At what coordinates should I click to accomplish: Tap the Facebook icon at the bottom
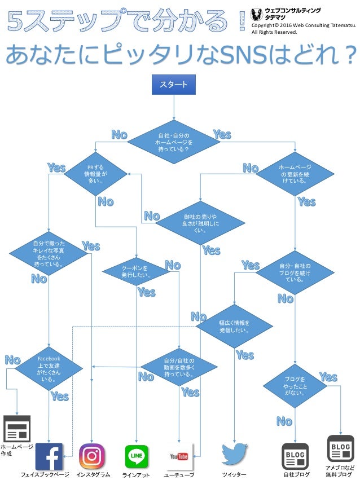49,456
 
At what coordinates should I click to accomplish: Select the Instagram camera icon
91,456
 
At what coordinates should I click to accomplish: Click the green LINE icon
137,456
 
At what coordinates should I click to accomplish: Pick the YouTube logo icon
179,456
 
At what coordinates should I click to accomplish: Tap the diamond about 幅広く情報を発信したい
234,326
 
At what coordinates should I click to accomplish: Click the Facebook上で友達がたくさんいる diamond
49,369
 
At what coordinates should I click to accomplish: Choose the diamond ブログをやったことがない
295,386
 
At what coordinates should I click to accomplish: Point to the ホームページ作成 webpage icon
17,429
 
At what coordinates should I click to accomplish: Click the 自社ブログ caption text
296,475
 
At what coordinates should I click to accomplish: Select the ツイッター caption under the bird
235,475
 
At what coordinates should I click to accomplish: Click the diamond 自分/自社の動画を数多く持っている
179,367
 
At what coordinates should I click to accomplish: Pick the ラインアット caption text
137,475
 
